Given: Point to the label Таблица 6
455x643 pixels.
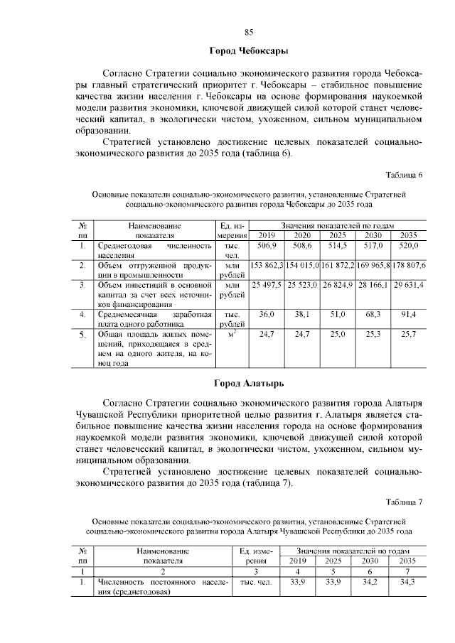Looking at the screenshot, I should click(404, 175).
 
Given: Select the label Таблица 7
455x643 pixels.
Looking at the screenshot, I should click(404, 502).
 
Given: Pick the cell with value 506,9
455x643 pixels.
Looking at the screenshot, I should click(266, 246).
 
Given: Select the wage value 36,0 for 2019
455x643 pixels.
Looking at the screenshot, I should click(266, 314).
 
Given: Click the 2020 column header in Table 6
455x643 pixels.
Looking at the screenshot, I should click(302, 236).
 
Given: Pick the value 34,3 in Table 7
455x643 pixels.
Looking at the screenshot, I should click(407, 582).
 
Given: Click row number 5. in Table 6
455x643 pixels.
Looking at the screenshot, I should click(83, 334).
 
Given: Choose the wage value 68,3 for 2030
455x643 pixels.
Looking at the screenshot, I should click(373, 314).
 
